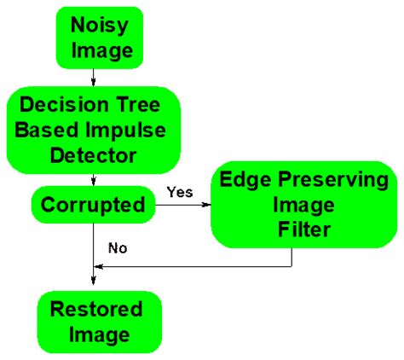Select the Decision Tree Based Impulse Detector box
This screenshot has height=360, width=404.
(94, 131)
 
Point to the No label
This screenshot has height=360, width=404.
(118, 248)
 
